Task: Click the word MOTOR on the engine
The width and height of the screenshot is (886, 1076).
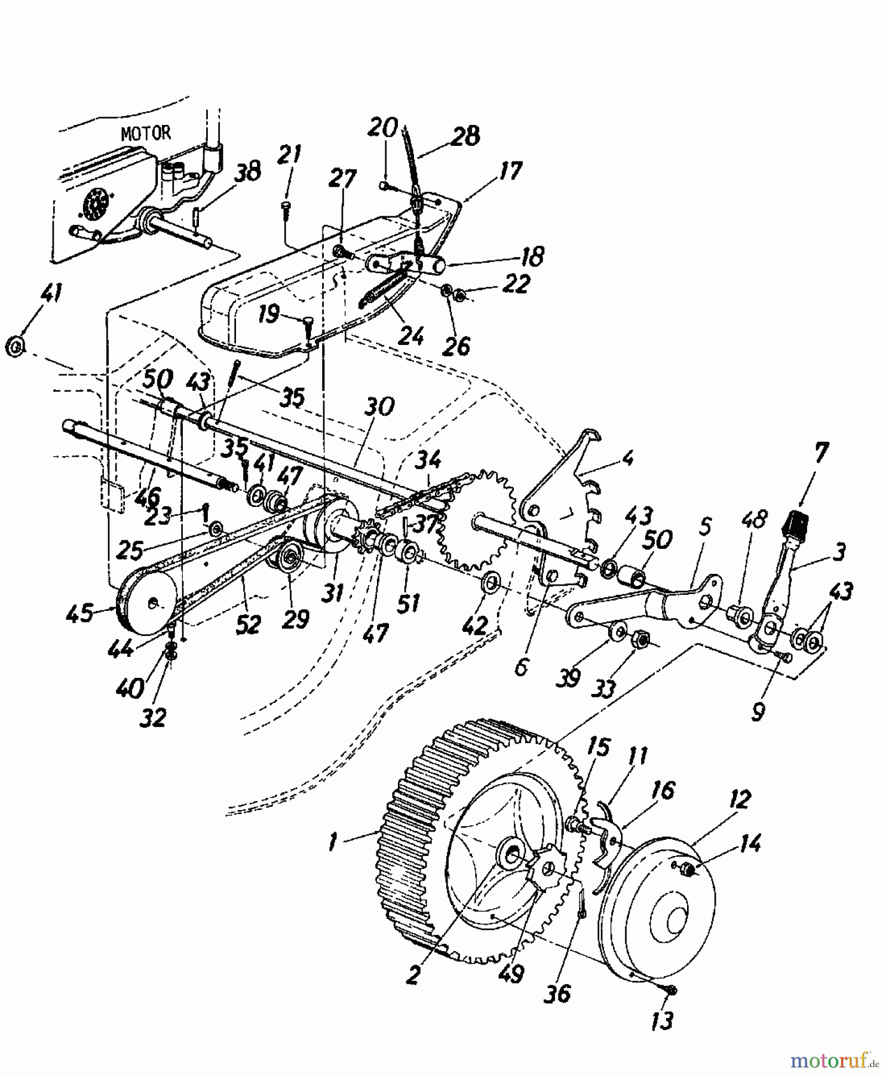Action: pyautogui.click(x=146, y=133)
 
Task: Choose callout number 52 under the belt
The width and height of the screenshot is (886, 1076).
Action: pyautogui.click(x=247, y=624)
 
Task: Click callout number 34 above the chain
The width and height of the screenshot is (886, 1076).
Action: pyautogui.click(x=428, y=460)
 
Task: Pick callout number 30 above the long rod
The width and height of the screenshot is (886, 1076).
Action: pyautogui.click(x=379, y=407)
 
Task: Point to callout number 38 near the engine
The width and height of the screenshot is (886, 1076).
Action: pyautogui.click(x=248, y=172)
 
